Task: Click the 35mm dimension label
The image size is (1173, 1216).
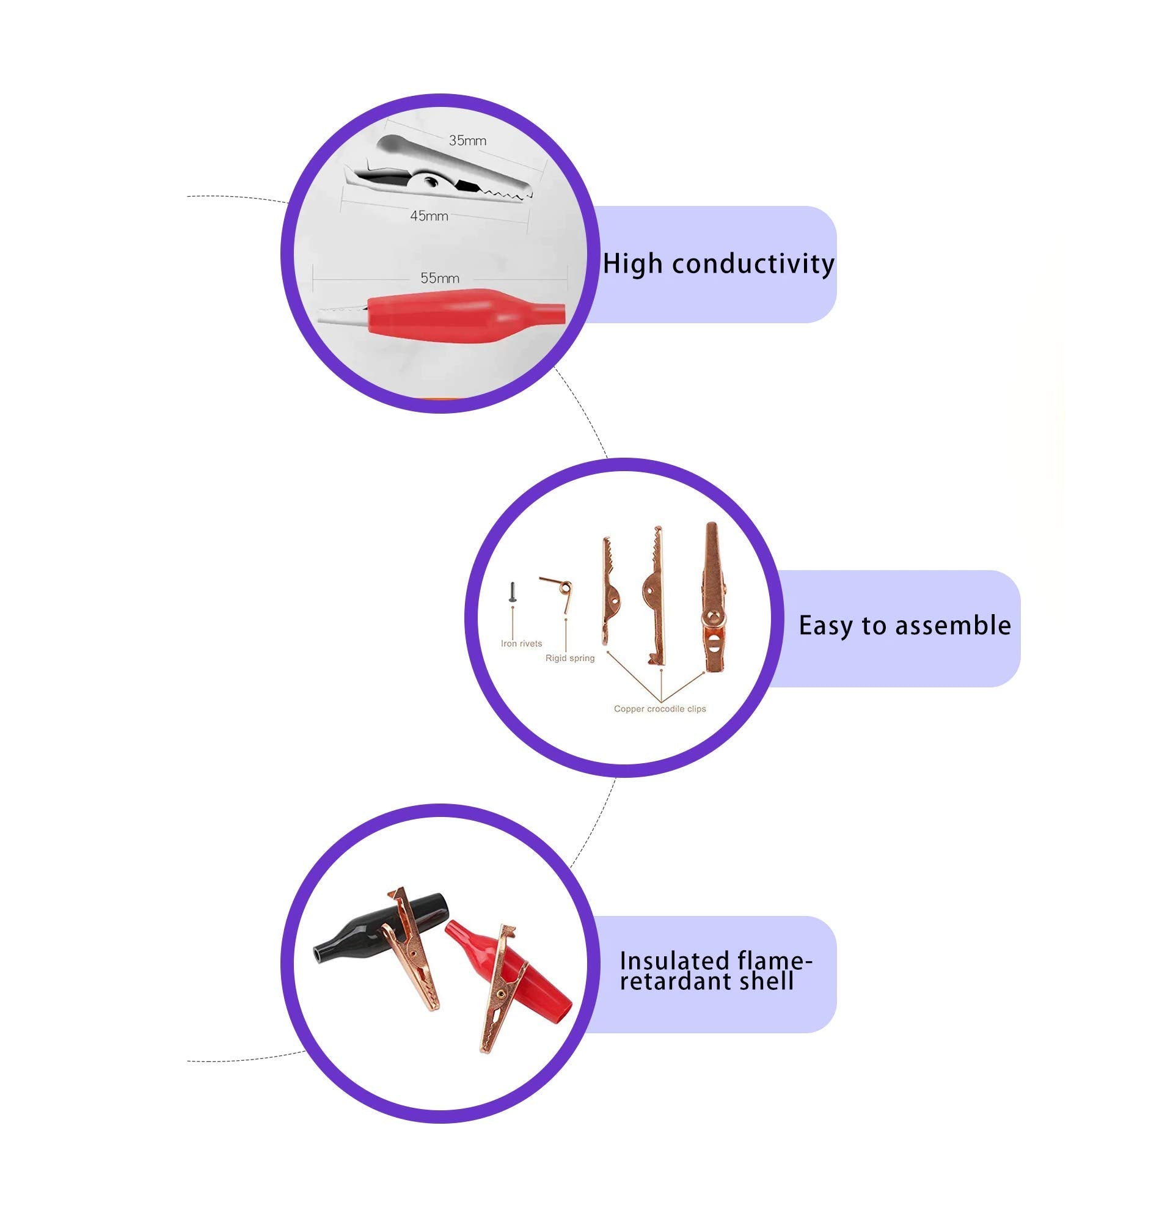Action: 467,140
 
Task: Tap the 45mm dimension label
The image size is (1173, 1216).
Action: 429,216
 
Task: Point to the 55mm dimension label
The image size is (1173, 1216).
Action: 440,278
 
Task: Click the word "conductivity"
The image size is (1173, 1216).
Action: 753,265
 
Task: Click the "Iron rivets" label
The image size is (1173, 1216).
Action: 521,643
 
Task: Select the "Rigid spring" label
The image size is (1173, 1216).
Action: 569,657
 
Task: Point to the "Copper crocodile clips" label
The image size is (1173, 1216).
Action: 659,708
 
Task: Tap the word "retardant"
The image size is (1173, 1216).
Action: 674,981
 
